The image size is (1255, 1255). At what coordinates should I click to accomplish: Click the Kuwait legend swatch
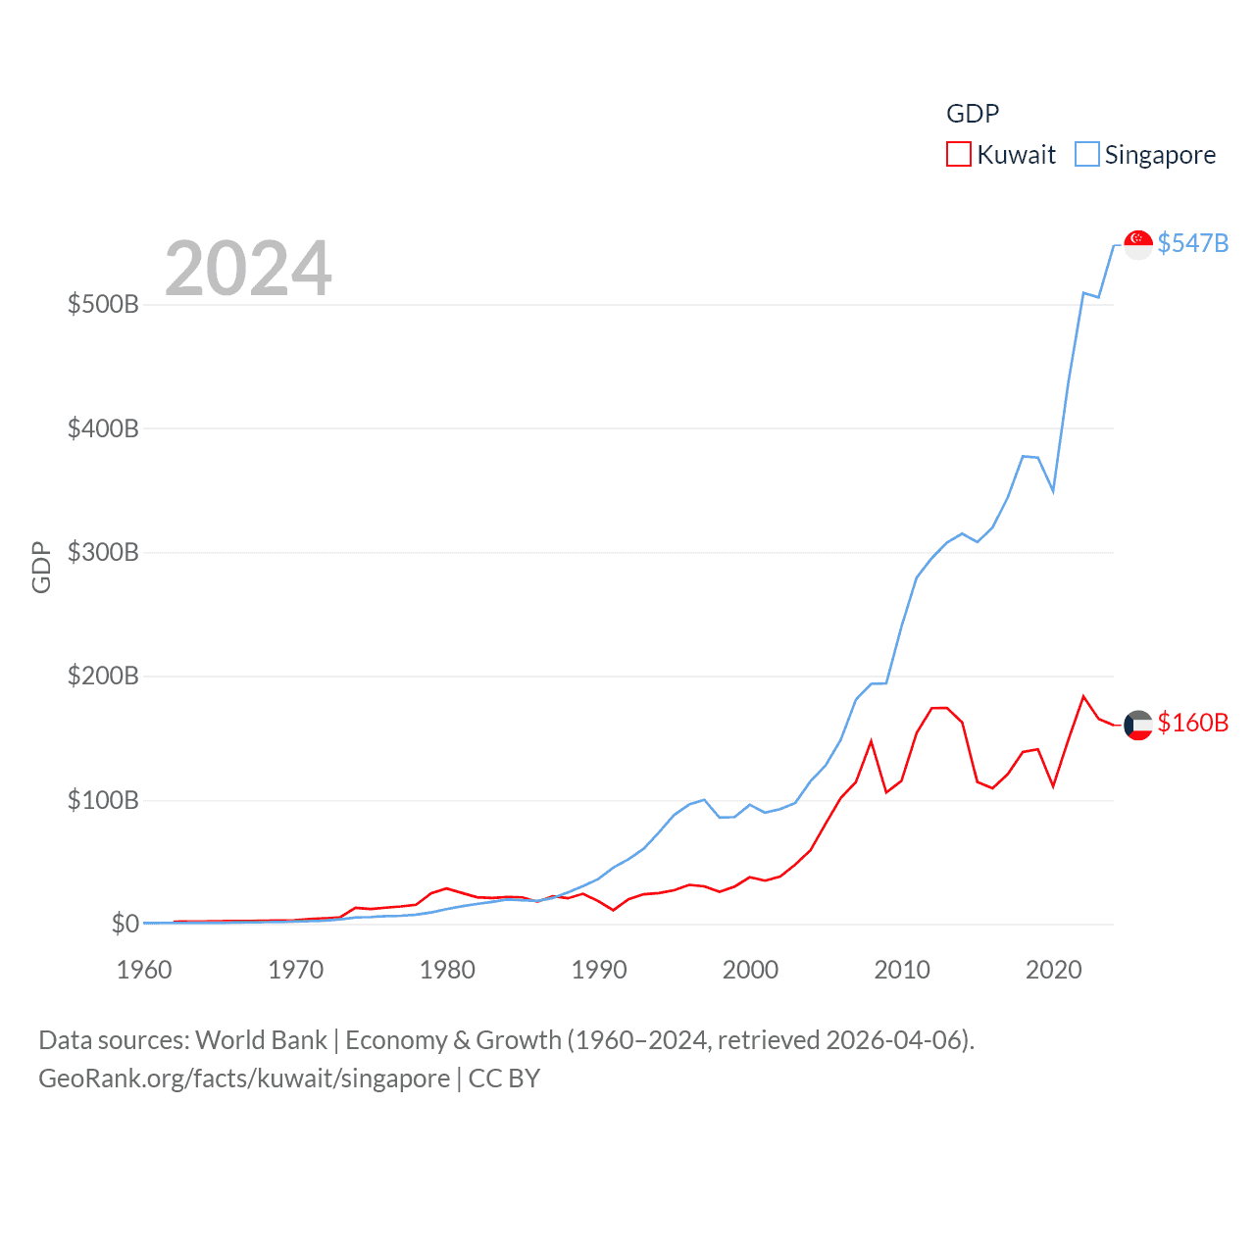pos(958,155)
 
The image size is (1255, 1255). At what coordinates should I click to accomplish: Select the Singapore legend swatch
pos(1086,155)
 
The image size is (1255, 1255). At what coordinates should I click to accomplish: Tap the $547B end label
pos(1192,243)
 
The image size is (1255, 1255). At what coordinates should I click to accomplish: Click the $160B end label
pos(1192,723)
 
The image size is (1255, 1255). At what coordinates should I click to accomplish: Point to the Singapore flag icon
pos(1137,244)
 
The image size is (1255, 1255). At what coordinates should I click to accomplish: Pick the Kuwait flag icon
pos(1137,725)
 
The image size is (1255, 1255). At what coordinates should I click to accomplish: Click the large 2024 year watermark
pos(248,269)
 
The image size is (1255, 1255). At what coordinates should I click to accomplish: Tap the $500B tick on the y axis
pos(103,304)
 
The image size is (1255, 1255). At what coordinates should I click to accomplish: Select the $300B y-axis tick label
pos(103,552)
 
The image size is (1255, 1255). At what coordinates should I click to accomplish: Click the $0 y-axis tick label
pos(125,924)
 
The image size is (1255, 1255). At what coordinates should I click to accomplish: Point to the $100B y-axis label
pos(103,800)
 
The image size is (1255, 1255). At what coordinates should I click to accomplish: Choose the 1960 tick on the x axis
pos(144,970)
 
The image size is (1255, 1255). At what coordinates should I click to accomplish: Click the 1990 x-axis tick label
pos(599,970)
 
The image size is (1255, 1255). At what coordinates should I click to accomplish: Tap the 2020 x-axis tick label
pos(1053,970)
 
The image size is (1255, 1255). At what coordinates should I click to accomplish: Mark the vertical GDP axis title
pos(41,567)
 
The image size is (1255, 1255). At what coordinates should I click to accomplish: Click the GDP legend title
pos(972,114)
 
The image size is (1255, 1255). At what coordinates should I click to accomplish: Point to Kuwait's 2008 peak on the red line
pos(871,742)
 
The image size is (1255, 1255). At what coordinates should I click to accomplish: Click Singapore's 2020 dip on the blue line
pos(1053,490)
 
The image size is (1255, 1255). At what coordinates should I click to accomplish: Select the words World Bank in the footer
pos(261,1039)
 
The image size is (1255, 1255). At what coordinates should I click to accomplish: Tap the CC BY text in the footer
pos(504,1079)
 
